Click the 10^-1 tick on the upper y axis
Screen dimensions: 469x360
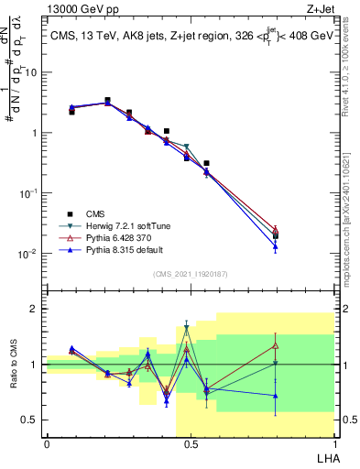point(28,193)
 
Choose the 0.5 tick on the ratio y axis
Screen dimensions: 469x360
point(31,420)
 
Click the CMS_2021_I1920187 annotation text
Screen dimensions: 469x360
point(190,273)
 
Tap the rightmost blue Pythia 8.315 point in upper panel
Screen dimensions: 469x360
point(275,245)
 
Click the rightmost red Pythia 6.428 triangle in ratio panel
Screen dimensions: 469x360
point(275,345)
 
